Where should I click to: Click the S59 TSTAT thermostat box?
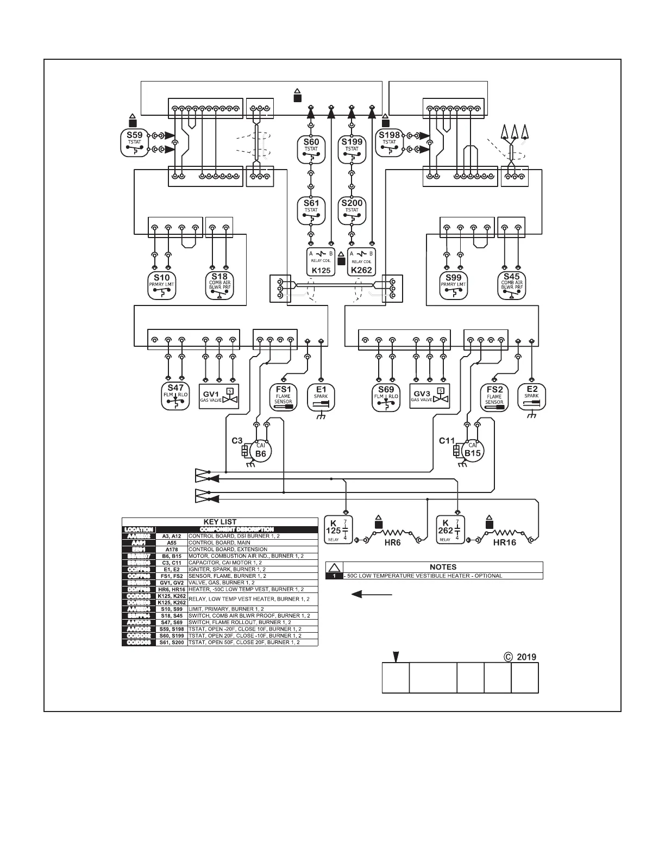(134, 142)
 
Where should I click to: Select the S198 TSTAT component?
(389, 142)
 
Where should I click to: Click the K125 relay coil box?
(321, 261)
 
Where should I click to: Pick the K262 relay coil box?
(361, 261)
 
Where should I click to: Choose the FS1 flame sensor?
(283, 397)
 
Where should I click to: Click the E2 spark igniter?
(531, 397)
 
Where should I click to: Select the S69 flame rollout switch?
(385, 397)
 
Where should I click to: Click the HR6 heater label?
(392, 543)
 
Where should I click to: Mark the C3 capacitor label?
(237, 441)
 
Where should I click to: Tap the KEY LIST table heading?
(219, 522)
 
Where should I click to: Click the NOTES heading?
(443, 566)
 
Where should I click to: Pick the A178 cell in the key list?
(172, 550)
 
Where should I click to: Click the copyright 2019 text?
(520, 657)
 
